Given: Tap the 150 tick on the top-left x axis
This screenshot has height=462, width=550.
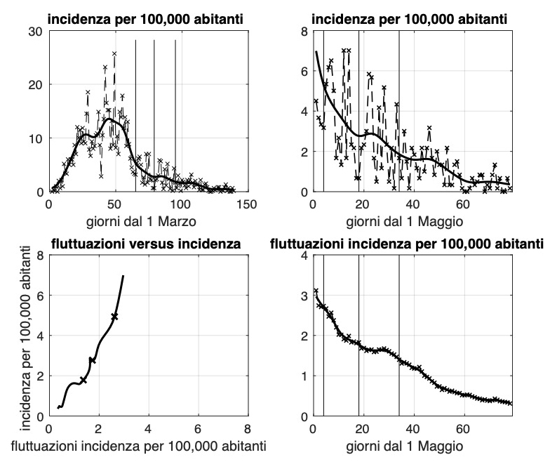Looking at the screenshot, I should (246, 204).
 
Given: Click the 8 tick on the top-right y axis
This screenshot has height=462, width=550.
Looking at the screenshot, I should (304, 31).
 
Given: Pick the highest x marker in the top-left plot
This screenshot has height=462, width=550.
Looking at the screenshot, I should (114, 53).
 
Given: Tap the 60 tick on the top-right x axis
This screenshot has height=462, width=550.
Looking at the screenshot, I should (463, 204).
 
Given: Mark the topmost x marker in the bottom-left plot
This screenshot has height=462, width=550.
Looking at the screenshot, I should (114, 317).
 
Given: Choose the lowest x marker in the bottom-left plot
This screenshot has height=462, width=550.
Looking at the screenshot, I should (83, 380).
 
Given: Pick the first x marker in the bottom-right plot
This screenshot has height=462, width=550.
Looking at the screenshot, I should (316, 291).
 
